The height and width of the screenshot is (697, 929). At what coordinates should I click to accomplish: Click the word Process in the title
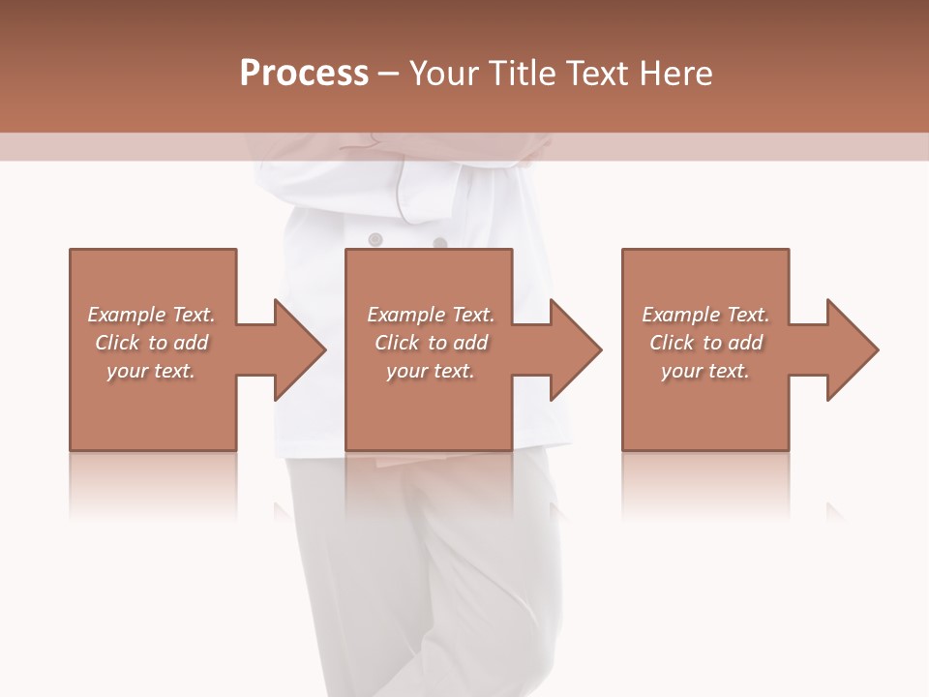click(x=304, y=74)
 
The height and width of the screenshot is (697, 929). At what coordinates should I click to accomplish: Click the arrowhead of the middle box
click(x=575, y=349)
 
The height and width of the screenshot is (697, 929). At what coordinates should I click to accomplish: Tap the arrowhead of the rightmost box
click(x=851, y=349)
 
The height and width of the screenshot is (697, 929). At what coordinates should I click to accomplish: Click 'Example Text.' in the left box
click(x=151, y=315)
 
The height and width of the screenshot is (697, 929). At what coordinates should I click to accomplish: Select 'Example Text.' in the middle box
click(x=431, y=315)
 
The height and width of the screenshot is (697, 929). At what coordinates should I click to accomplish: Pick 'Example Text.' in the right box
click(x=705, y=315)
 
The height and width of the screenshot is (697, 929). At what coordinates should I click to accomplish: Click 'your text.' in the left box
click(x=151, y=371)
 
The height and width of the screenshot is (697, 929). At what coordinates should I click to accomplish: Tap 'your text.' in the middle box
click(x=431, y=371)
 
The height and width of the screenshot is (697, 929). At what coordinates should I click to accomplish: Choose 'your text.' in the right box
click(x=705, y=371)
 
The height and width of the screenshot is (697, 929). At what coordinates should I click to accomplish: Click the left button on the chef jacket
click(x=375, y=239)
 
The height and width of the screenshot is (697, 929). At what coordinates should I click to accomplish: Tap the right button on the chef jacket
click(x=439, y=243)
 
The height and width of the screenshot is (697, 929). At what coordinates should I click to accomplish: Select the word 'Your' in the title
click(x=445, y=74)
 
